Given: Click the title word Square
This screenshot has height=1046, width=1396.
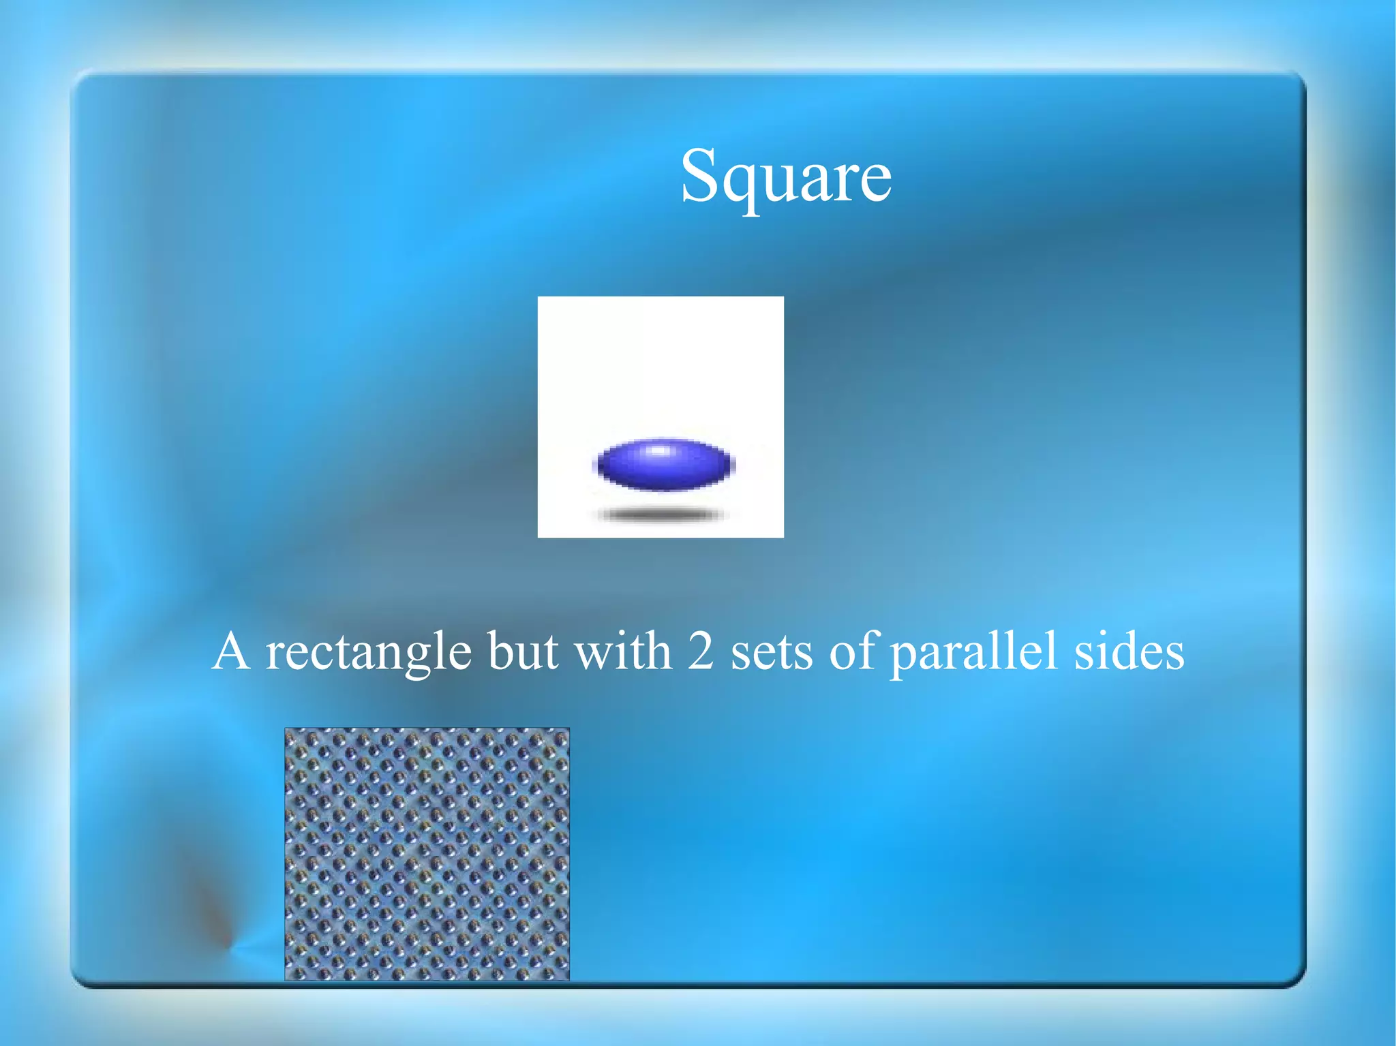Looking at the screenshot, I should tap(786, 177).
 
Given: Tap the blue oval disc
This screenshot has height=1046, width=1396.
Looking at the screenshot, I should tap(664, 465).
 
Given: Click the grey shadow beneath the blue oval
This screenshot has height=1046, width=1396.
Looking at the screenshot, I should tap(660, 514).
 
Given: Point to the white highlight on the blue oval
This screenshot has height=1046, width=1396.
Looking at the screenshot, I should tap(658, 450).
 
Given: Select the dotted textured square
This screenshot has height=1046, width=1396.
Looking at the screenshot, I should tap(427, 854).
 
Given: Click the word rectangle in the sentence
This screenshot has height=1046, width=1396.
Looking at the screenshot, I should tap(368, 652).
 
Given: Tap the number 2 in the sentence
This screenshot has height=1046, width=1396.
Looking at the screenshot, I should tap(700, 651).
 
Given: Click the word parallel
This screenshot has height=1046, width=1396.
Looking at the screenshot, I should tap(974, 652).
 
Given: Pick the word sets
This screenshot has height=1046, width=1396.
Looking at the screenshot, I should tap(772, 652).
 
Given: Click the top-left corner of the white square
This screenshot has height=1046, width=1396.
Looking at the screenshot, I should tap(538, 298).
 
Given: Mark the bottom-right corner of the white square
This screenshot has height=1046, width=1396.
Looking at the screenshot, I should tap(783, 536).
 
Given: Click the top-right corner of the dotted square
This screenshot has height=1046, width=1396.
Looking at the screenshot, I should tap(568, 729).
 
